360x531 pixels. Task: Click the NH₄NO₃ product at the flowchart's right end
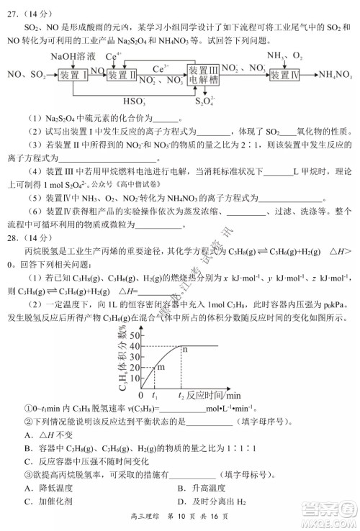[335, 74]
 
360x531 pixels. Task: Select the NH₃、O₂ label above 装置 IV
[284, 55]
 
